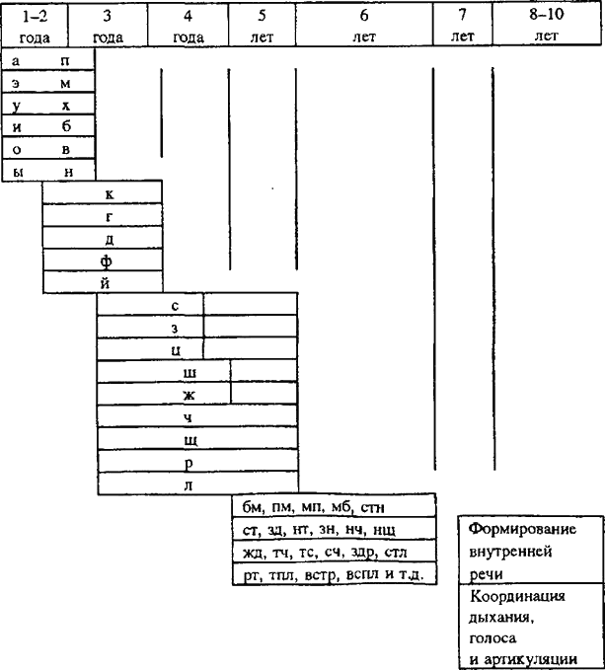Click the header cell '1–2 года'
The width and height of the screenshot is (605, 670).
pos(35,26)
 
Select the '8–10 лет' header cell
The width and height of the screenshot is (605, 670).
pos(547,26)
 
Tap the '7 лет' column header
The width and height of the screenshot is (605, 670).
pos(462,26)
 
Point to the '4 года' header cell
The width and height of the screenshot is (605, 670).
pos(188,26)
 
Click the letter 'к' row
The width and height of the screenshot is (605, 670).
pos(109,193)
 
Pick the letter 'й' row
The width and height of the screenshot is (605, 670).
pos(105,282)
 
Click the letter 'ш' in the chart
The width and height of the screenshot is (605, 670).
pos(189,372)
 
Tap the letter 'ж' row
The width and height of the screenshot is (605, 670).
pos(188,394)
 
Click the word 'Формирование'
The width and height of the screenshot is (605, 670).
pos(522,529)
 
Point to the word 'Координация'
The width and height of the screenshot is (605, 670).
pos(518,598)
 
